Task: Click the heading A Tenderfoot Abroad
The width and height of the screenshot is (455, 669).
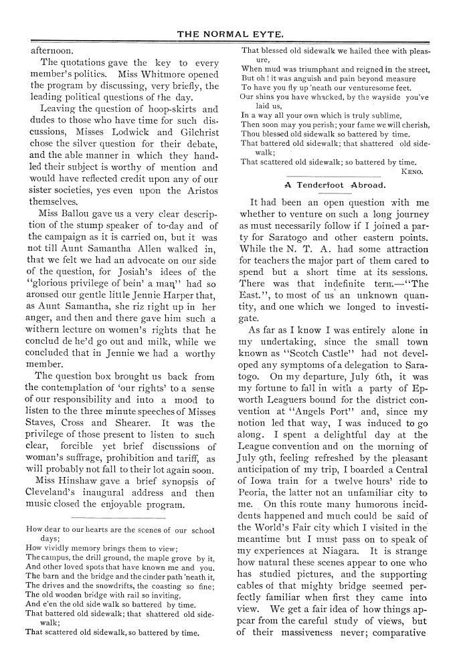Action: tap(334, 185)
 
